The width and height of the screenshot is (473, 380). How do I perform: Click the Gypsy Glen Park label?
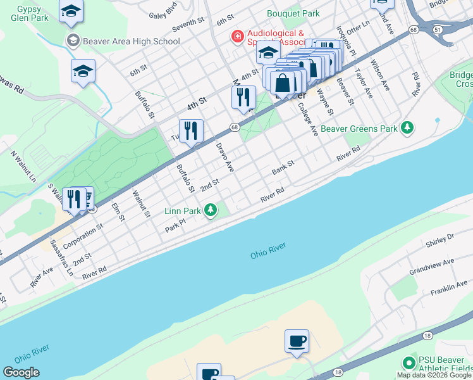[x=30, y=14]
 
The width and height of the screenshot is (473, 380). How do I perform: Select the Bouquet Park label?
[x=293, y=13]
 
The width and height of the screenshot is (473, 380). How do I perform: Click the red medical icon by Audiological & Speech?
[x=238, y=37]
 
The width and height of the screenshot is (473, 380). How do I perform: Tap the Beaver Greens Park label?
[x=359, y=129]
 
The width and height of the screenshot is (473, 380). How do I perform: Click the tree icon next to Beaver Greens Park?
[x=408, y=129]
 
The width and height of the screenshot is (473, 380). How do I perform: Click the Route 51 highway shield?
[x=438, y=29]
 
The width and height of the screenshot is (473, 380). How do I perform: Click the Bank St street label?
[x=283, y=168]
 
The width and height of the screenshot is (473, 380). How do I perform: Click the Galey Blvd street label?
[x=166, y=15]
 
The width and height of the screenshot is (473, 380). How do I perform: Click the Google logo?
[x=21, y=372]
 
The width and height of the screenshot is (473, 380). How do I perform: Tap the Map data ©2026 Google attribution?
[x=434, y=375]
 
